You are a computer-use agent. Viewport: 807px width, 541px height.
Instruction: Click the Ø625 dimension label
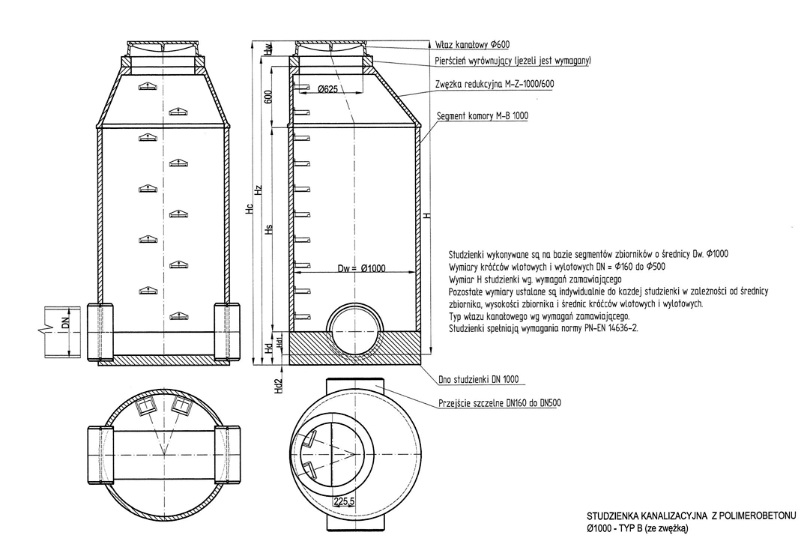click(327, 89)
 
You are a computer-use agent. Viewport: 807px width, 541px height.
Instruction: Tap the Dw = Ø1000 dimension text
click(361, 268)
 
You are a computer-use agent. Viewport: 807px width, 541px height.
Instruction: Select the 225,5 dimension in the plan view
click(344, 501)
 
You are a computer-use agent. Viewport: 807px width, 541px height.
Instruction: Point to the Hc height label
click(250, 209)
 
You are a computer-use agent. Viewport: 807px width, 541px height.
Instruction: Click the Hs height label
click(268, 229)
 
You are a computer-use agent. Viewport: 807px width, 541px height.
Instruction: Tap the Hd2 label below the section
click(279, 386)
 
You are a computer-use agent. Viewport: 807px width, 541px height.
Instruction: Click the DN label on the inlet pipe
click(65, 324)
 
